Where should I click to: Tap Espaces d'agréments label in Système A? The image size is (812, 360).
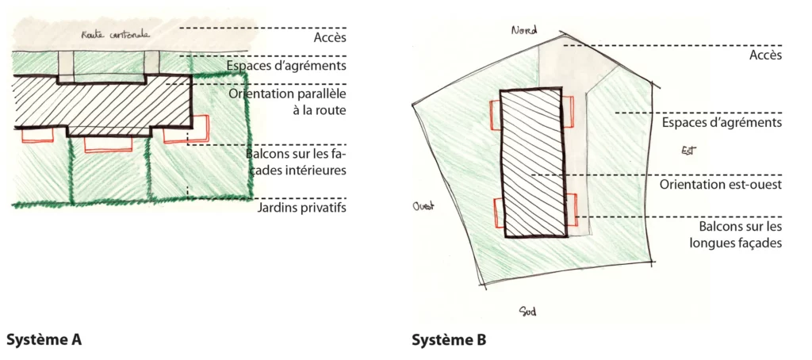[x=287, y=65]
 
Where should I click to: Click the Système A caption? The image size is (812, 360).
[x=44, y=340]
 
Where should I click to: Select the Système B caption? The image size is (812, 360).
[x=449, y=340]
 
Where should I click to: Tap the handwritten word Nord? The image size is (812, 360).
[x=523, y=30]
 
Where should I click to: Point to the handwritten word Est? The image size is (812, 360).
[x=688, y=150]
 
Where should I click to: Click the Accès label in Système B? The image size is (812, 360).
[x=765, y=55]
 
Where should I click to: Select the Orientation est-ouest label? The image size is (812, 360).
[x=721, y=184]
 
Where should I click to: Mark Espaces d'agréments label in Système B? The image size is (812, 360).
[x=722, y=123]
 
